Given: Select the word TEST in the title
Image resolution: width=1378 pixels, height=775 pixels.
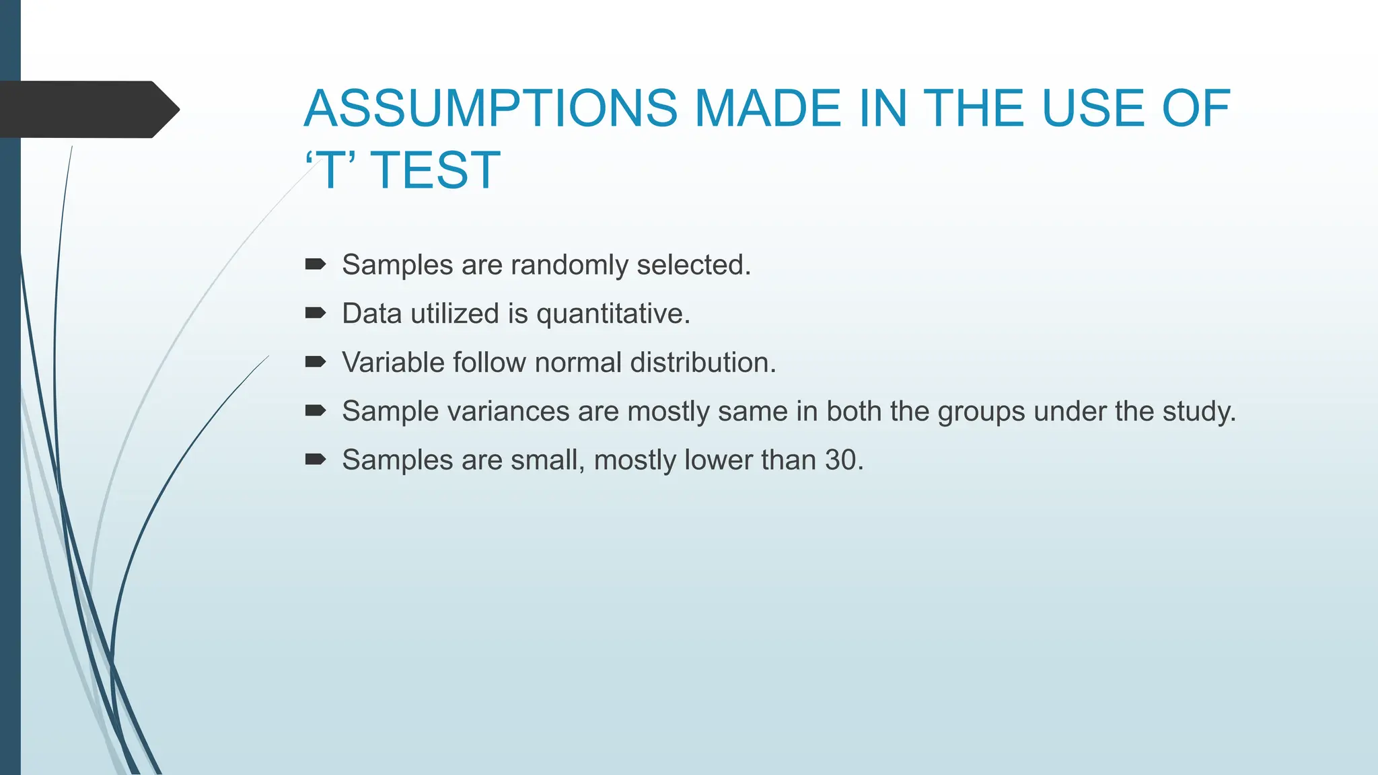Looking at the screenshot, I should point(435,170).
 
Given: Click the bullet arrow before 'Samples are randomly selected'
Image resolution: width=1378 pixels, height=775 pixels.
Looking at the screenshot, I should point(316,264).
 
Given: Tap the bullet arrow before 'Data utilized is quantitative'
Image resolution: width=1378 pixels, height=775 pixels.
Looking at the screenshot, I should point(316,313).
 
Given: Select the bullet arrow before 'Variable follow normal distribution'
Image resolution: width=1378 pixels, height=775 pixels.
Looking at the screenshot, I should point(316,362).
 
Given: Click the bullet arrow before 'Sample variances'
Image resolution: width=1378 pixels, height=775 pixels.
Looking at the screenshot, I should point(316,410).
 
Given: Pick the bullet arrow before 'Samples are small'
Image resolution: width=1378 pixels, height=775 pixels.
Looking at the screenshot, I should point(316,459).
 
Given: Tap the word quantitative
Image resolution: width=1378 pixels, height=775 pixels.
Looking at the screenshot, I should point(612,314).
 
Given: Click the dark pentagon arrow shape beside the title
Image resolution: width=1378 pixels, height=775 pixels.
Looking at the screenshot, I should point(87,110).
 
